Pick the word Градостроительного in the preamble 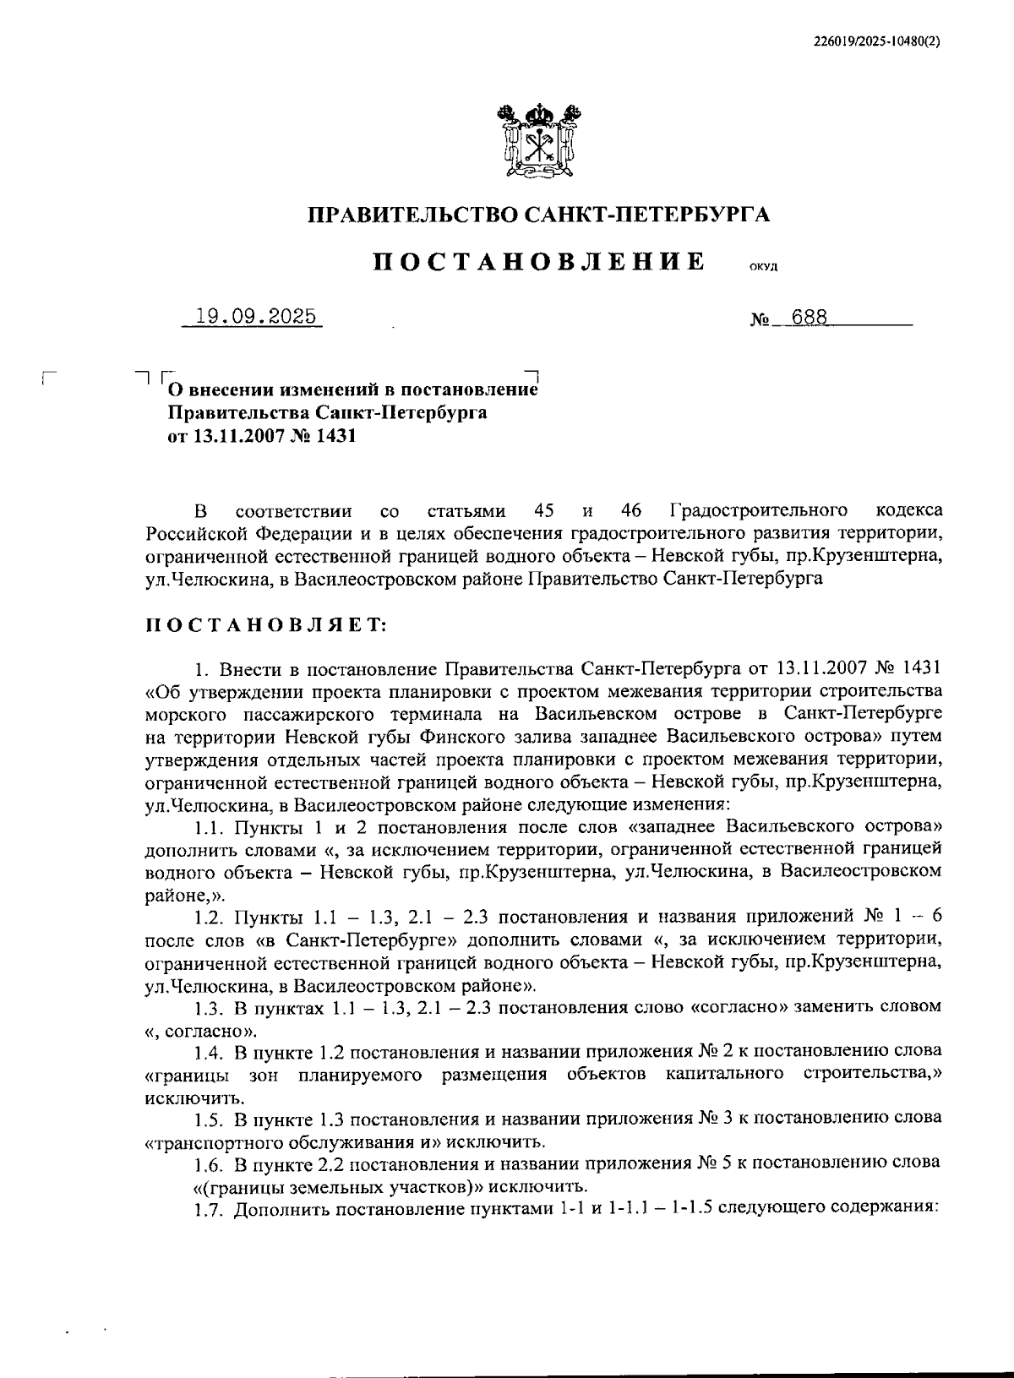tap(759, 511)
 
